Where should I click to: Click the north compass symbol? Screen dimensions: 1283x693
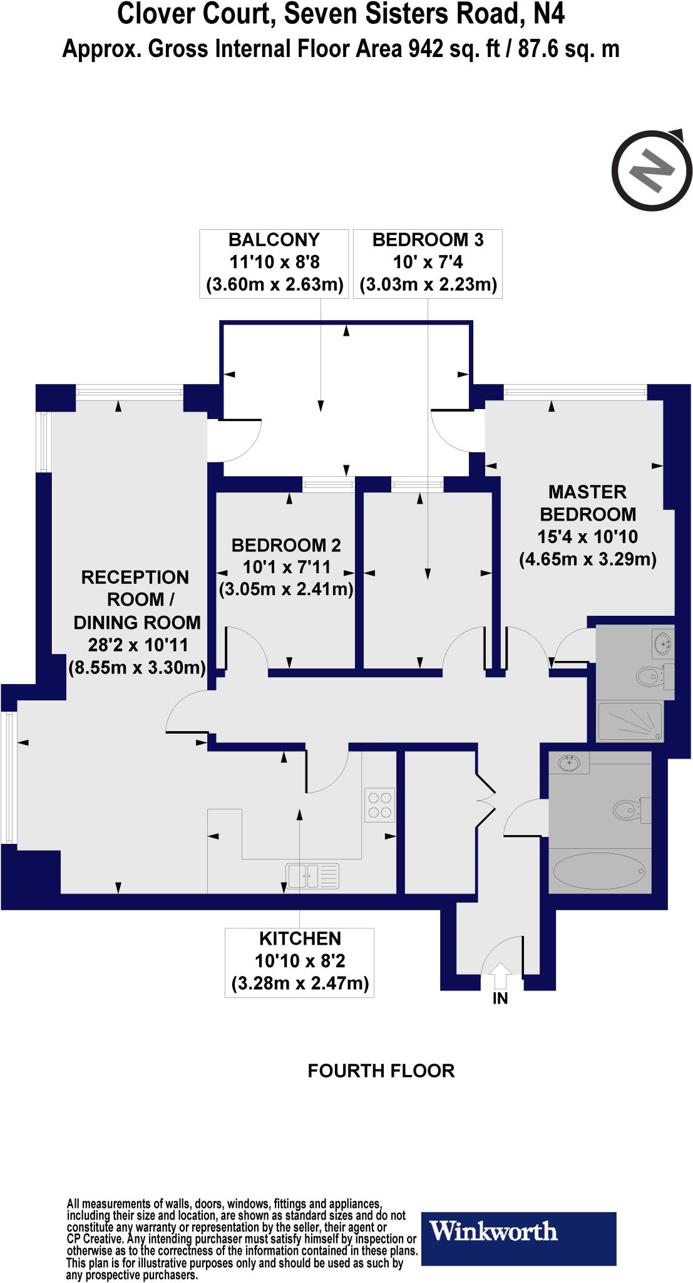click(651, 170)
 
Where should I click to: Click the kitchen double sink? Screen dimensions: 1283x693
click(313, 875)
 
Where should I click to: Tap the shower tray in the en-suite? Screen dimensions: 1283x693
click(630, 721)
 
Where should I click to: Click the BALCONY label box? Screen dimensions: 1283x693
click(274, 262)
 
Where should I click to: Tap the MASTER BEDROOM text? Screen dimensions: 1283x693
click(587, 503)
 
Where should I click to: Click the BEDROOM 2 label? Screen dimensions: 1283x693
click(286, 546)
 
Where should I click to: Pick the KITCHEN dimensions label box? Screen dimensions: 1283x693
click(299, 962)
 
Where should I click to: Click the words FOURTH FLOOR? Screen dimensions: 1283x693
click(381, 1071)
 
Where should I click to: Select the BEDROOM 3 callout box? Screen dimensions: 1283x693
click(428, 262)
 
